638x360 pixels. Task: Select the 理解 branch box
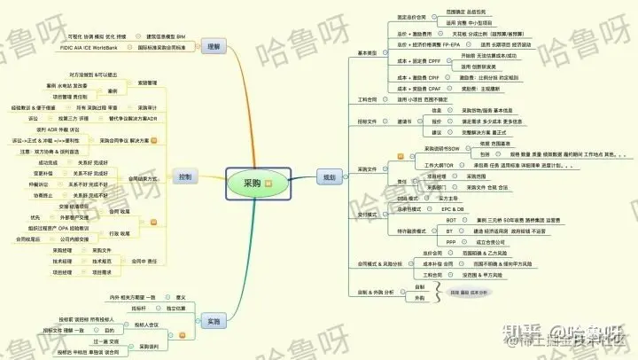click(x=211, y=45)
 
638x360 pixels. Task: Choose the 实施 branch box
click(x=212, y=321)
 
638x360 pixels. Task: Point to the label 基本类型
click(x=367, y=53)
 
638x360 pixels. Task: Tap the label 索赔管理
click(x=134, y=82)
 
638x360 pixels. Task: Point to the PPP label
click(x=451, y=241)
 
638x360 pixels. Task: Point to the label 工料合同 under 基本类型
click(x=367, y=99)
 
